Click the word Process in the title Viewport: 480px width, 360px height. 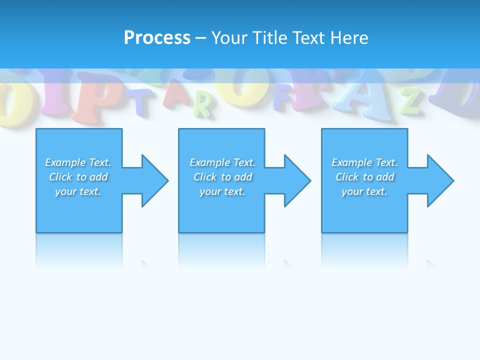click(x=157, y=37)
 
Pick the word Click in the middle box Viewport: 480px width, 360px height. click(x=205, y=177)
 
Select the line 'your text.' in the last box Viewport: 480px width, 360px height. click(x=364, y=191)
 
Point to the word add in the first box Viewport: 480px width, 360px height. click(x=98, y=177)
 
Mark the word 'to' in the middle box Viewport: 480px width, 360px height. click(x=226, y=177)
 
